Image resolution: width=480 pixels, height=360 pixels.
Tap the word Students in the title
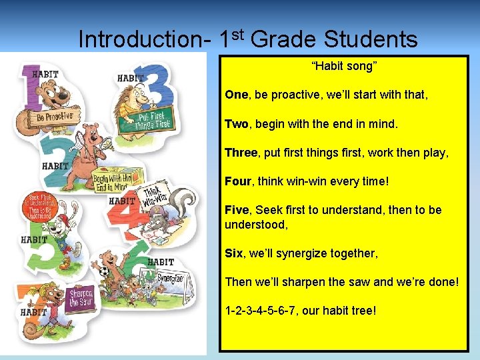(x=371, y=39)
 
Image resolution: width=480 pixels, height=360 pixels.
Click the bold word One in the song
(x=236, y=95)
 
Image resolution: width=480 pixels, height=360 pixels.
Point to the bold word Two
(x=236, y=123)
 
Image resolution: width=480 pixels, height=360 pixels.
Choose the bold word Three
(x=241, y=153)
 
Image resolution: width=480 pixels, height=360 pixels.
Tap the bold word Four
(x=238, y=181)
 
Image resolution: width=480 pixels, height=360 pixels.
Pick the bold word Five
(x=237, y=210)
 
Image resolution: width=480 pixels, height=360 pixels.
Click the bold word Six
(x=234, y=253)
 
